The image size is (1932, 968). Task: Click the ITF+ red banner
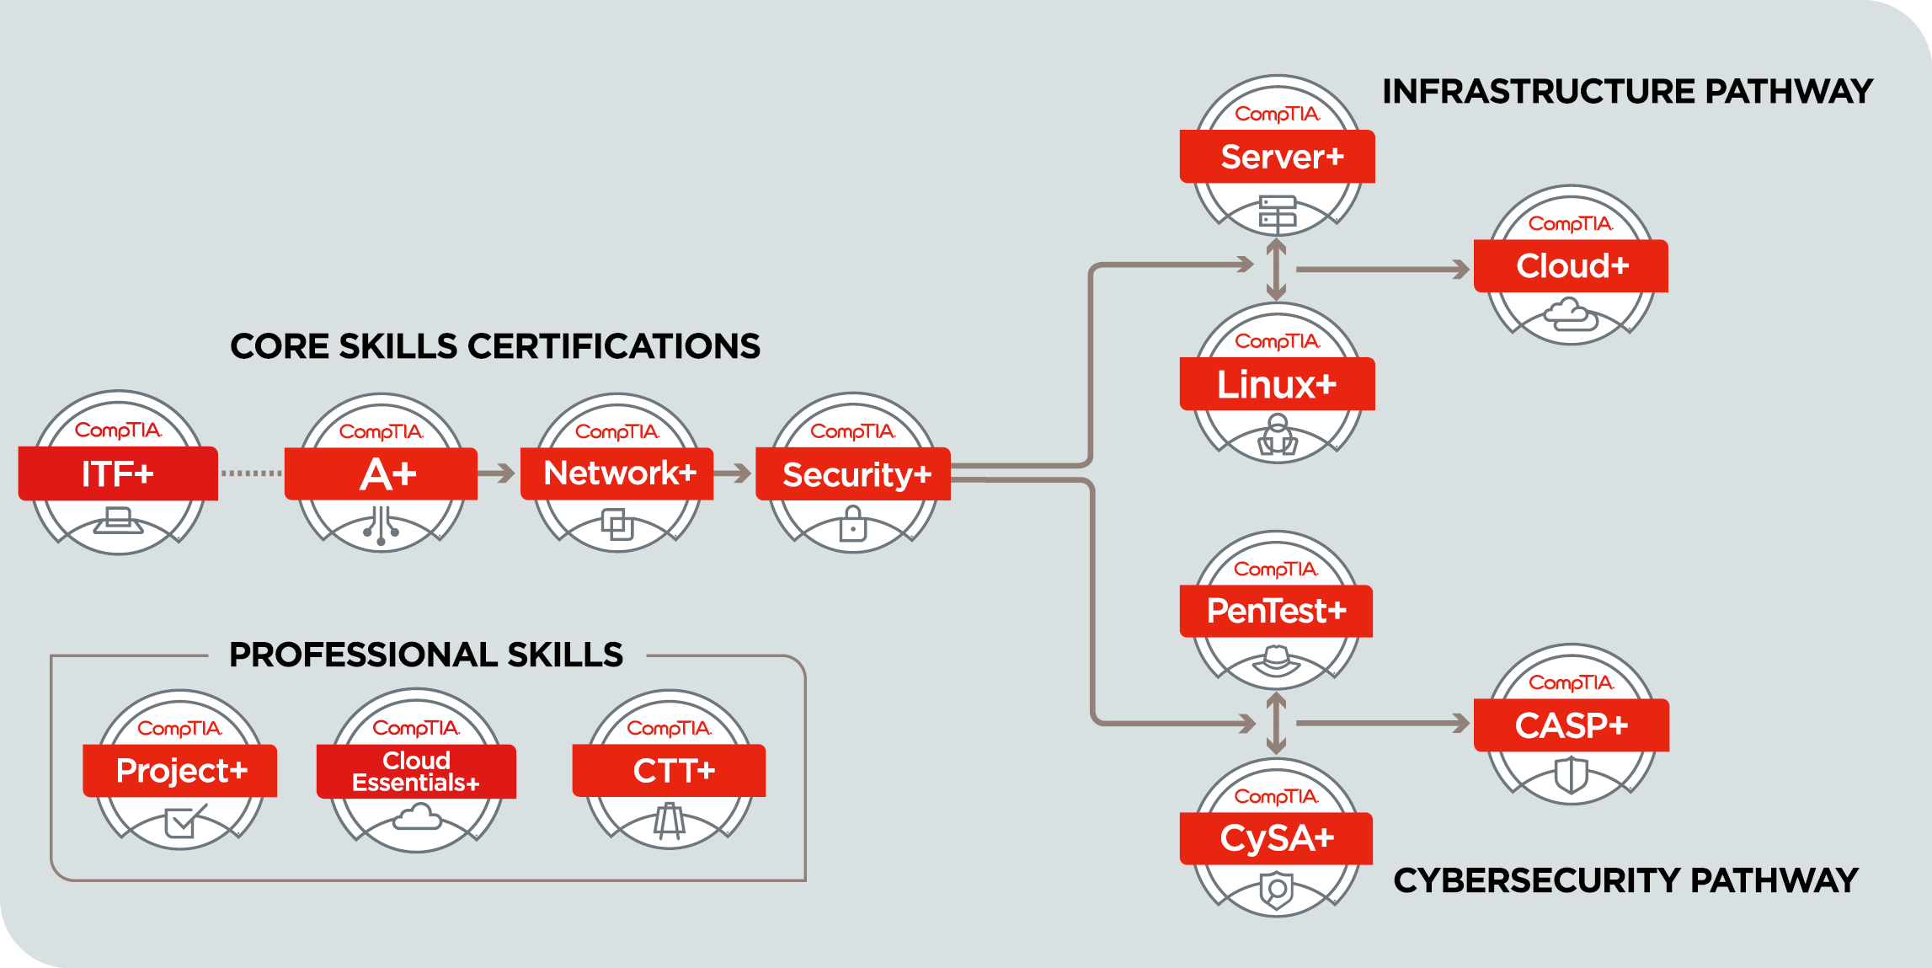click(x=118, y=473)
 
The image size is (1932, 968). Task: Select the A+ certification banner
click(x=382, y=473)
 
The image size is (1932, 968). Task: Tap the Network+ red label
click(x=617, y=473)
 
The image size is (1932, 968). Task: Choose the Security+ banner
click(x=853, y=474)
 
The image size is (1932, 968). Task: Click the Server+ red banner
click(x=1278, y=157)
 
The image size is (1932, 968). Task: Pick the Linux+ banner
click(x=1278, y=384)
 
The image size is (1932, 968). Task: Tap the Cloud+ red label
click(x=1571, y=266)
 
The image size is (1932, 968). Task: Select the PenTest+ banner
click(x=1276, y=611)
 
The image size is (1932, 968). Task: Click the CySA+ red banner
click(x=1276, y=838)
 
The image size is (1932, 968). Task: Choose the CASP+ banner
click(x=1571, y=725)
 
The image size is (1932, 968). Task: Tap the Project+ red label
click(x=180, y=771)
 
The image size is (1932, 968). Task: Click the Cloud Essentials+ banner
click(x=416, y=772)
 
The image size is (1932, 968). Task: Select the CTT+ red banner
click(x=670, y=771)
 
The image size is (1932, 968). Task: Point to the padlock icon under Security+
click(x=853, y=524)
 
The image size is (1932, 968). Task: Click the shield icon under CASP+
click(x=1571, y=774)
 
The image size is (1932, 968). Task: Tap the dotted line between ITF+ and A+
click(x=251, y=473)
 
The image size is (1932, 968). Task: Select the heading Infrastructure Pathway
click(x=1627, y=91)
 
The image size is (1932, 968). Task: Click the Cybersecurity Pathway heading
click(x=1625, y=880)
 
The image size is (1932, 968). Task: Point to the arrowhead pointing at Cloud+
click(x=1462, y=270)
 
